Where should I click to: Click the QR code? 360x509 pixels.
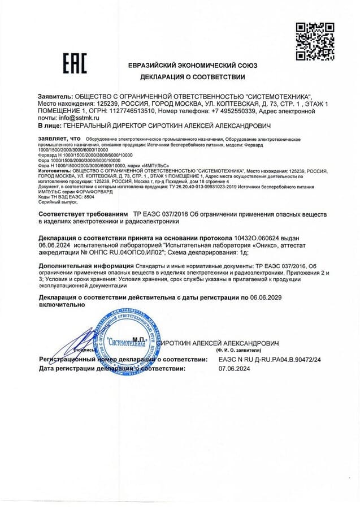click(315, 41)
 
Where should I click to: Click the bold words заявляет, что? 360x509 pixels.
click(59, 139)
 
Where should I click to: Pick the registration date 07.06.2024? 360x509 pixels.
click(234, 368)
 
